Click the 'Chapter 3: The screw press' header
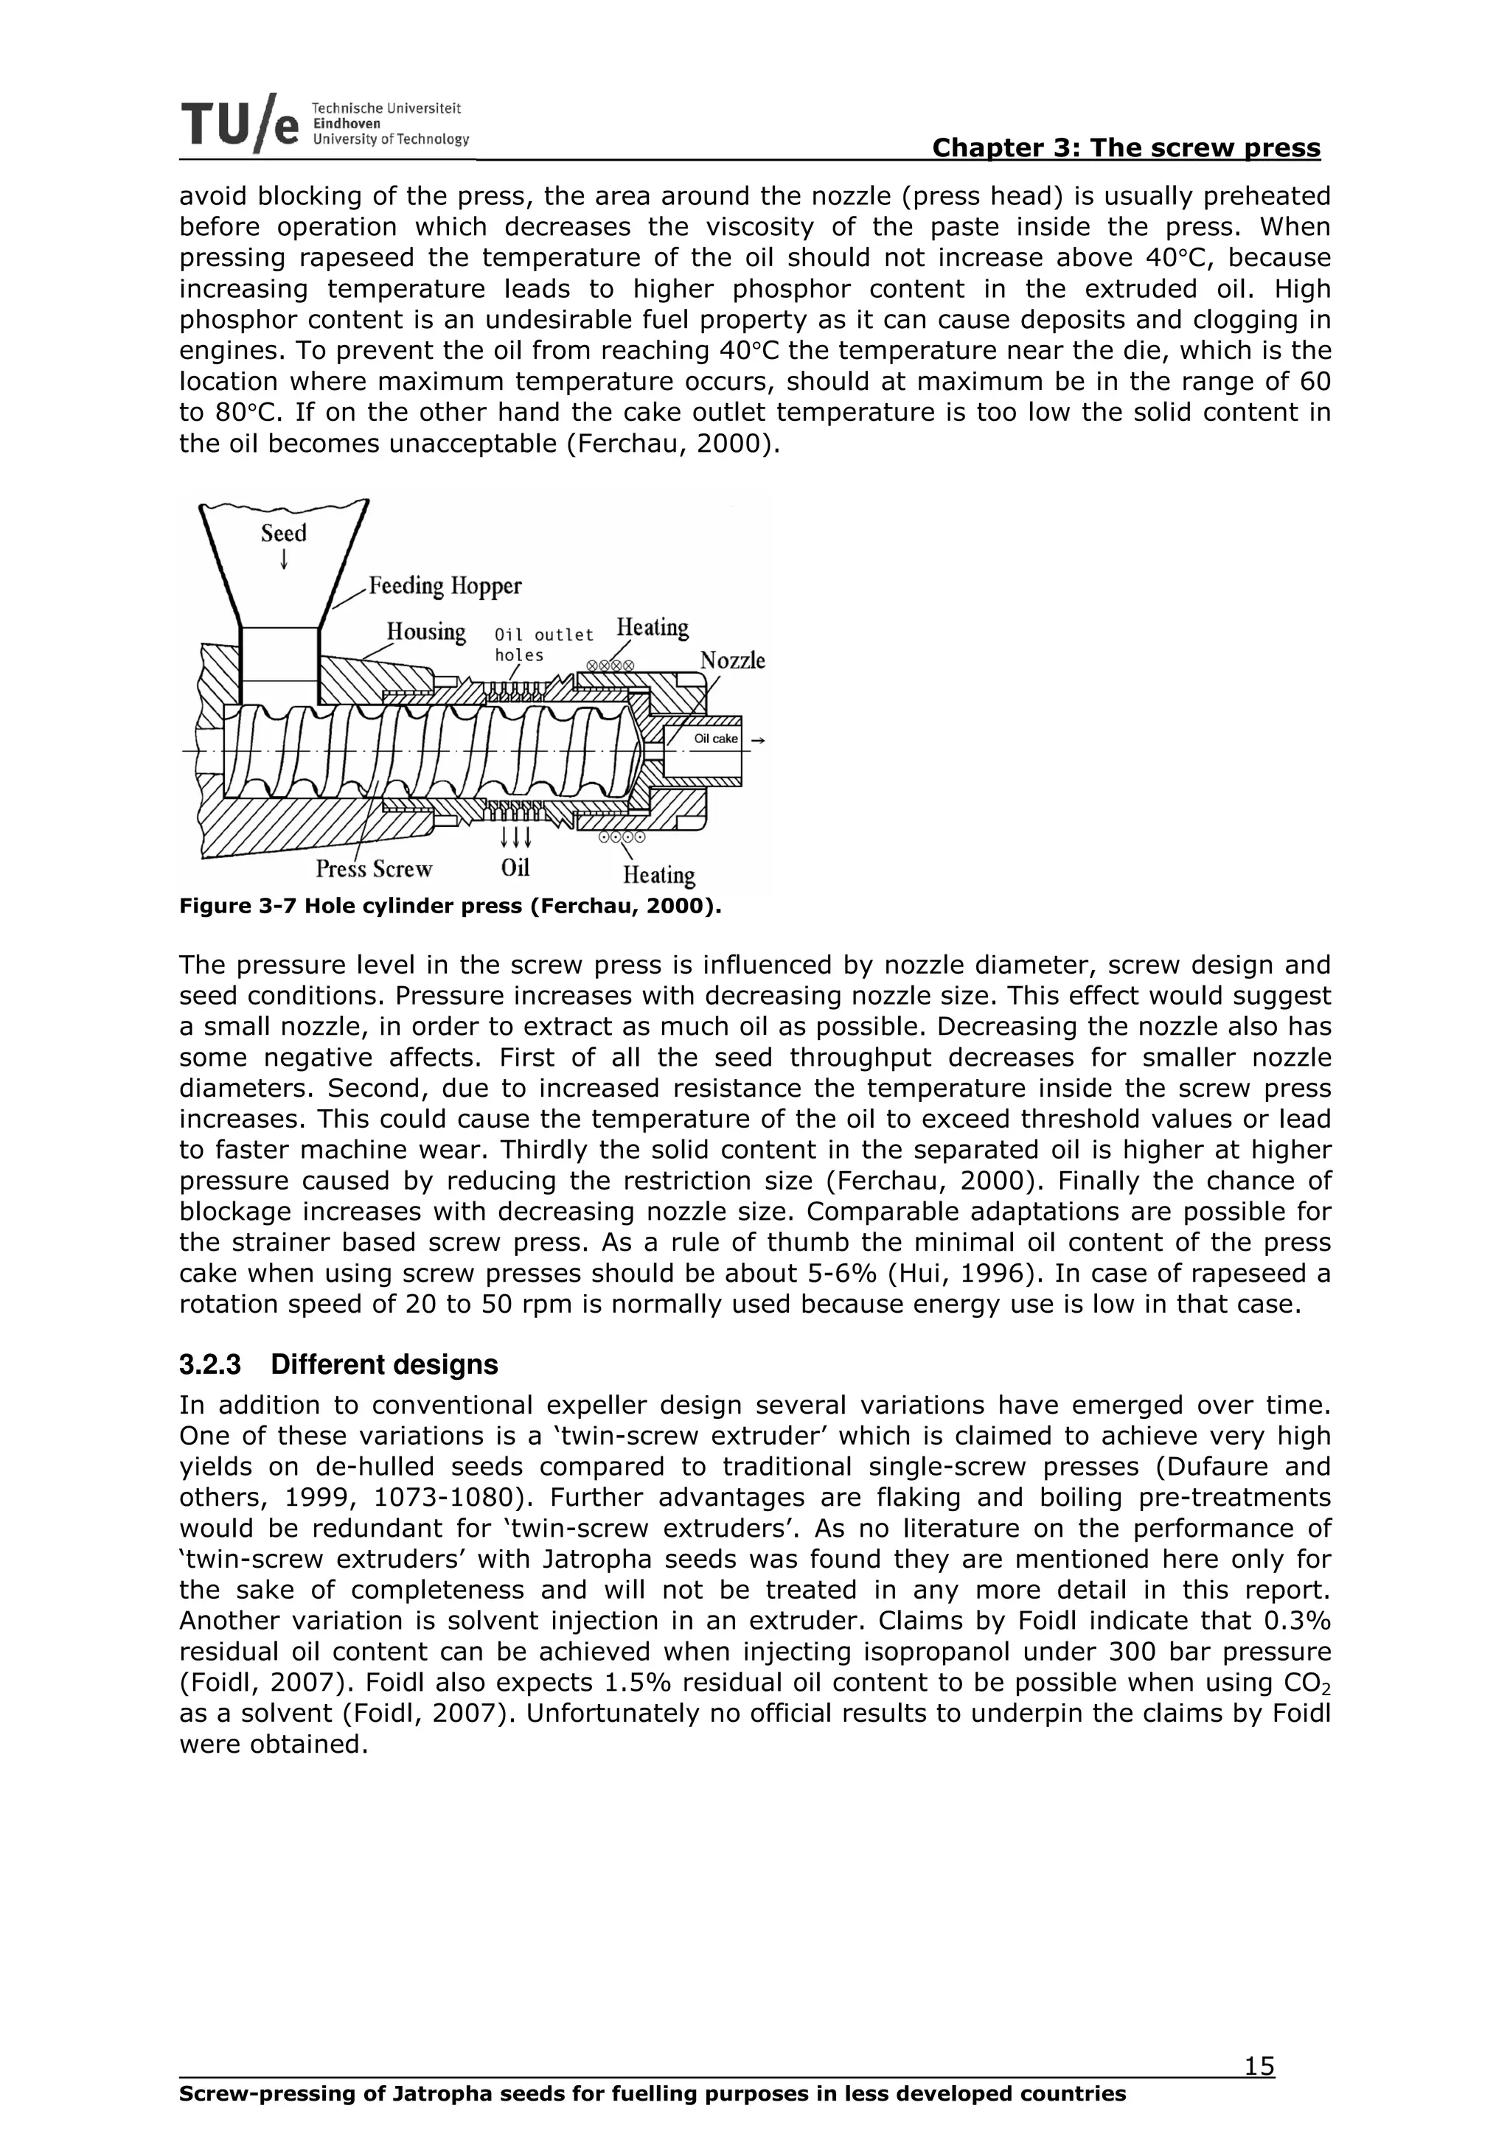[x=1126, y=148]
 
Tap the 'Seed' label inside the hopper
[x=284, y=533]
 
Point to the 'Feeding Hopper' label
[x=445, y=585]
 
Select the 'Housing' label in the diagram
[x=426, y=631]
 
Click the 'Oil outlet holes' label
[x=543, y=643]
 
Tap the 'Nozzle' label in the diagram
[x=732, y=660]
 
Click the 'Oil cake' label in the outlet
[x=715, y=739]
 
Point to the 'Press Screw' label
[x=374, y=868]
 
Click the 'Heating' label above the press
[x=653, y=627]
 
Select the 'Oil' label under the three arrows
[x=515, y=867]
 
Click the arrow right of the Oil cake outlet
[x=757, y=739]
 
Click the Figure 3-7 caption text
[x=450, y=905]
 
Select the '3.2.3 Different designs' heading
[x=338, y=1365]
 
